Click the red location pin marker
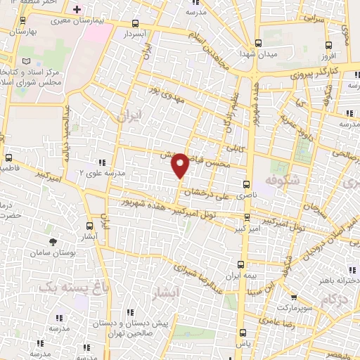tap(180, 165)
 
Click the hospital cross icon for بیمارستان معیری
tap(77, 10)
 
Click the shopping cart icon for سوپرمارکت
tap(293, 297)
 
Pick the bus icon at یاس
tap(242, 333)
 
